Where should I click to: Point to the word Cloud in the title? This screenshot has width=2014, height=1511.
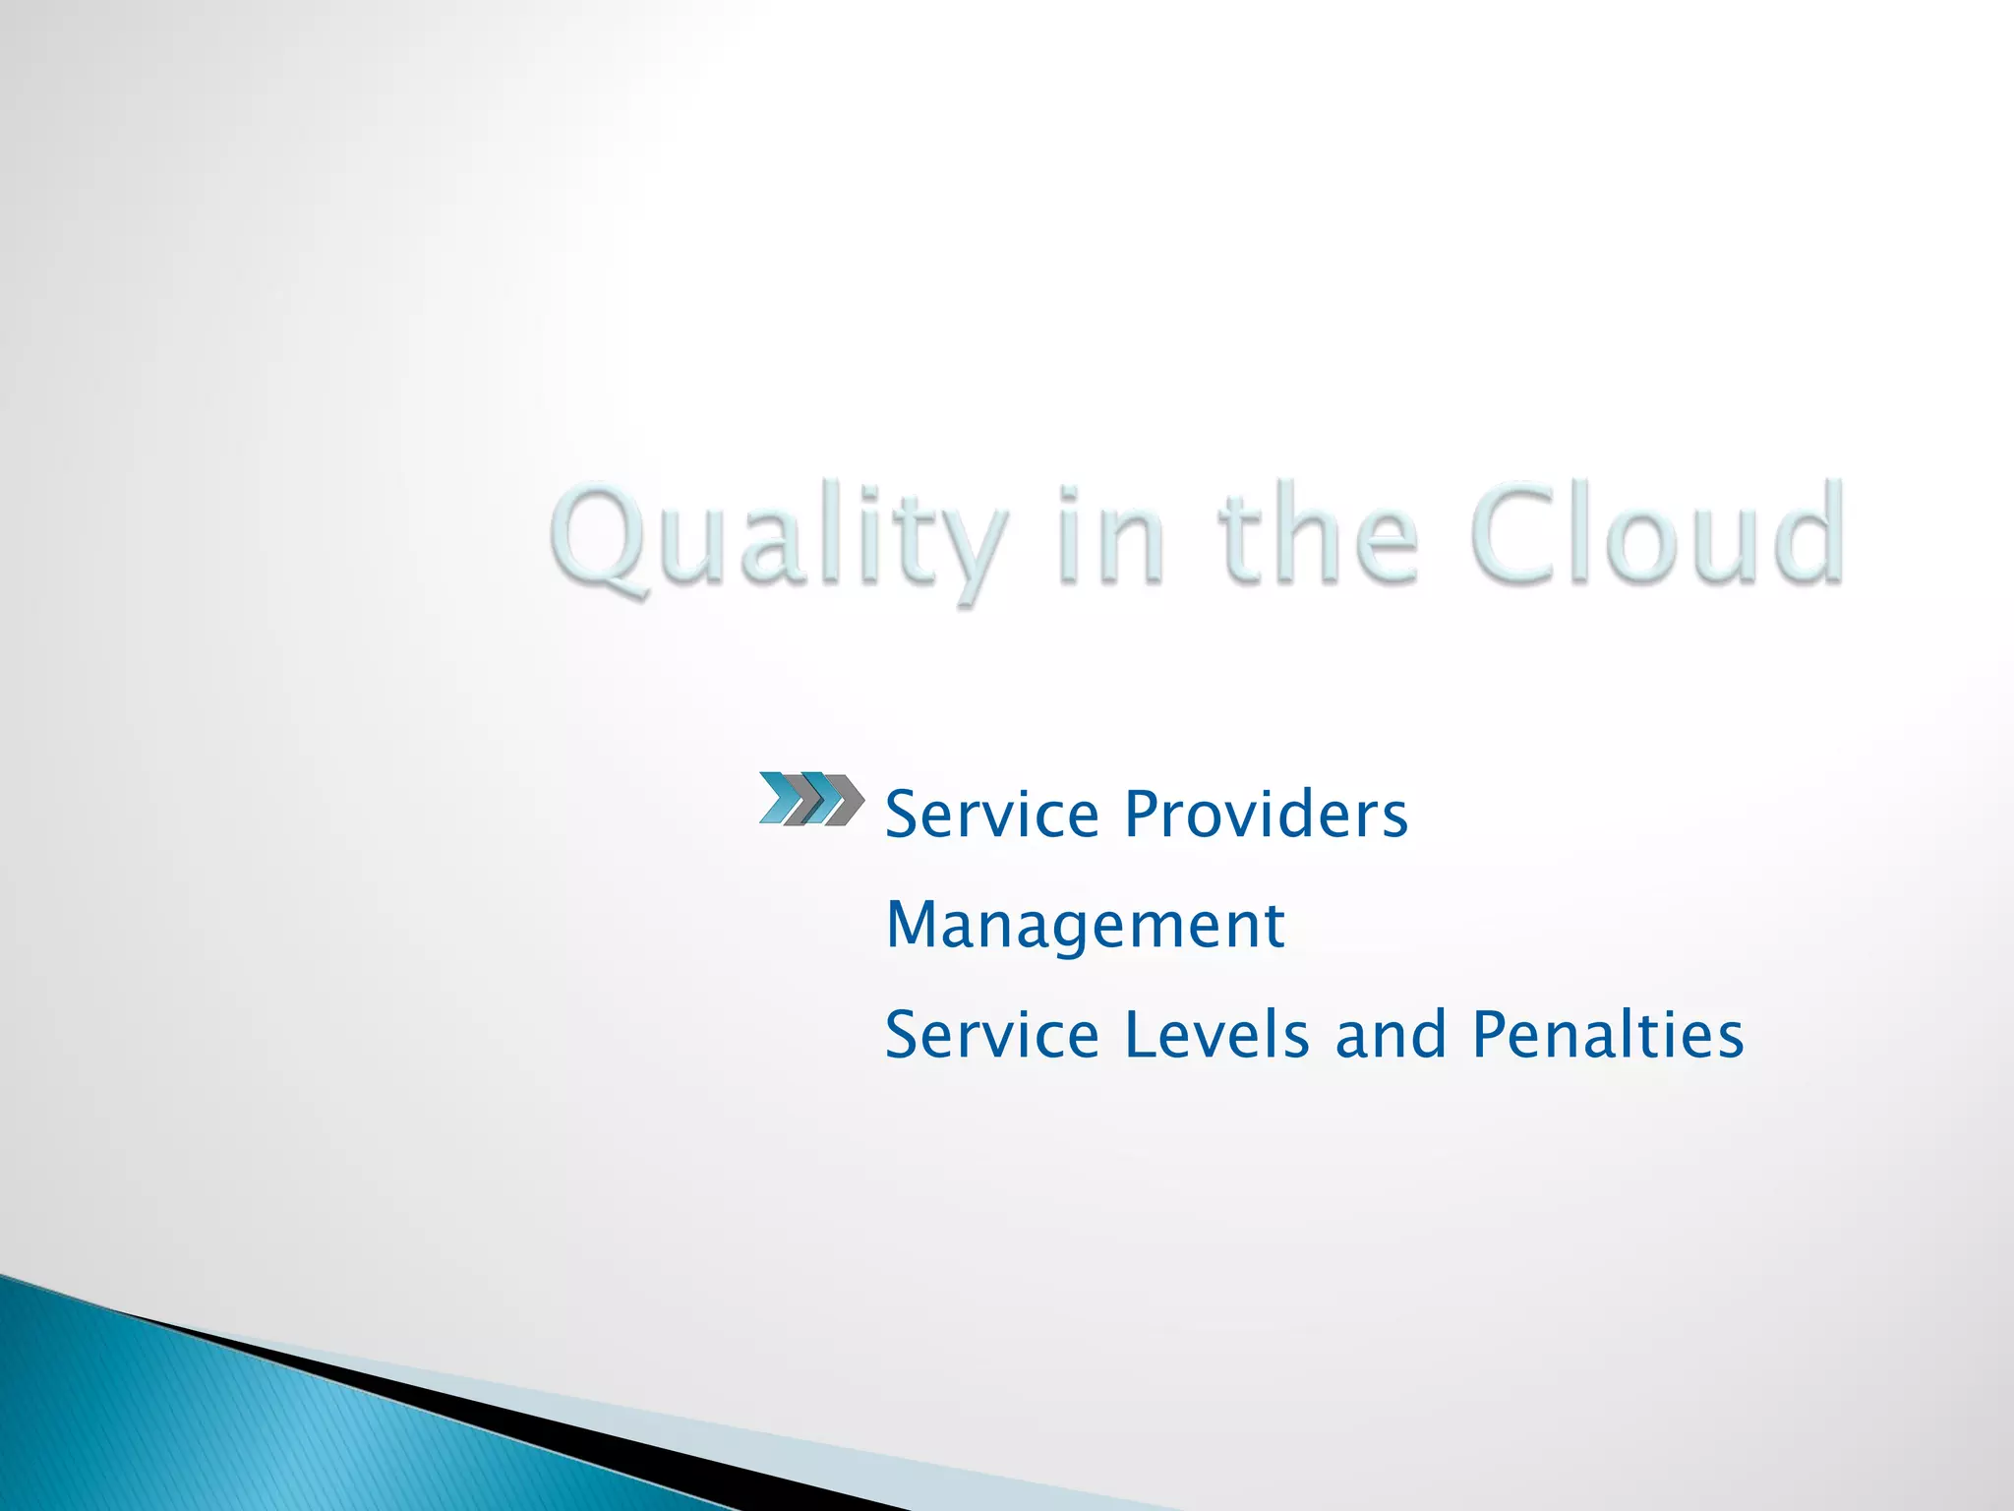(x=1657, y=536)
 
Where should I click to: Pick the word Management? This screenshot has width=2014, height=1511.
(x=1085, y=926)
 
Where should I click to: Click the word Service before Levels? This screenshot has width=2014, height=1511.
(x=991, y=1035)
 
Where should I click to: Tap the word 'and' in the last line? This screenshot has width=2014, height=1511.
(x=1391, y=1035)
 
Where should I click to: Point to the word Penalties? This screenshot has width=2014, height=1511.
(x=1608, y=1035)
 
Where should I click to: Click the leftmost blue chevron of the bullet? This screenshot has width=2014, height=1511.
(x=782, y=798)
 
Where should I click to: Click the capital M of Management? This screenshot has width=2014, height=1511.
(x=910, y=926)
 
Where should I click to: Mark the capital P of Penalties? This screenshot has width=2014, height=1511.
(x=1491, y=1035)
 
